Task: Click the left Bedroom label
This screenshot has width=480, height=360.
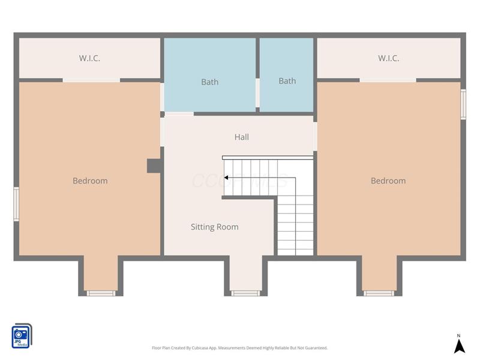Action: (90, 181)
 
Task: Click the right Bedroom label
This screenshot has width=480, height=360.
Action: (388, 181)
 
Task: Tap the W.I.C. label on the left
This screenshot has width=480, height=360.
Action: (89, 58)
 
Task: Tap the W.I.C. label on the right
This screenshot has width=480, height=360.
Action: (388, 58)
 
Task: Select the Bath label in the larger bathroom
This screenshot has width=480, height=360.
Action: (209, 82)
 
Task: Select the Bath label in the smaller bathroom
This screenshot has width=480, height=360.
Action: (287, 81)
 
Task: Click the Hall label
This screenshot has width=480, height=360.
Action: (241, 137)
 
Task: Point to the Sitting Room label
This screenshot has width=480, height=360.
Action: (214, 227)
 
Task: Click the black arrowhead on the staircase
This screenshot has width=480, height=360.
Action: (226, 178)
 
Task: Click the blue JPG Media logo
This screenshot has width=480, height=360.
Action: (22, 335)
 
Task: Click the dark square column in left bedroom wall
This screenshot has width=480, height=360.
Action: (154, 166)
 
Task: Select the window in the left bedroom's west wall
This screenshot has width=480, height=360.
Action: (16, 204)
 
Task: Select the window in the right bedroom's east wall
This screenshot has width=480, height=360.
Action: (463, 104)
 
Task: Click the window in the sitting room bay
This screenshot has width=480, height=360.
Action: (245, 293)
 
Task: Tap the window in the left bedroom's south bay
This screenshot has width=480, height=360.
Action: (100, 293)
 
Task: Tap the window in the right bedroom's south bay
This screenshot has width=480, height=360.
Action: (379, 293)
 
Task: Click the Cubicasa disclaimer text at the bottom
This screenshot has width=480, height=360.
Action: (239, 348)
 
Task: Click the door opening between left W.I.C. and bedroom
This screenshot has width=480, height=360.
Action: (91, 80)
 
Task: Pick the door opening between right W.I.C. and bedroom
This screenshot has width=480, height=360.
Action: (388, 80)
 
